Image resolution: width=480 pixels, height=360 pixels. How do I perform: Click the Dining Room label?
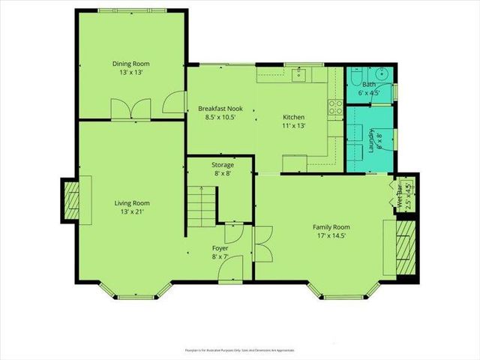[132, 64]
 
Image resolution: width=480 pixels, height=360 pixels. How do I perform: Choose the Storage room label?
[222, 164]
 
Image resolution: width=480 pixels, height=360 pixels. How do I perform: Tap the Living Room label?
[132, 202]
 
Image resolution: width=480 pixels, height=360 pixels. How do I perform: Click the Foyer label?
[220, 248]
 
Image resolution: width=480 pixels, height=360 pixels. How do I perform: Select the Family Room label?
[331, 226]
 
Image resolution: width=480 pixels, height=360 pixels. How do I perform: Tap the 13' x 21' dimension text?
[132, 211]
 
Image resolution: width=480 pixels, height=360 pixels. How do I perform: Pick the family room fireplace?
[406, 247]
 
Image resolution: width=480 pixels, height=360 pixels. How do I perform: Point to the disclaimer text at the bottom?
[240, 350]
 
